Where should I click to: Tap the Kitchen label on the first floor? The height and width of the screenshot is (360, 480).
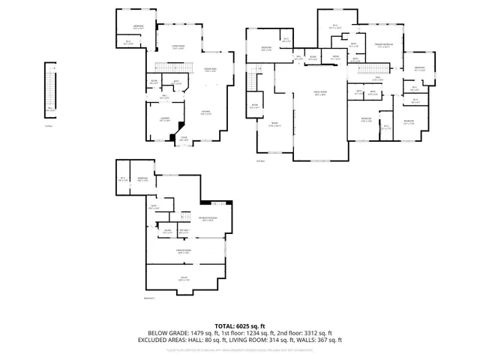(205, 113)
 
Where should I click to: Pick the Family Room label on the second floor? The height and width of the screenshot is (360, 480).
(320, 94)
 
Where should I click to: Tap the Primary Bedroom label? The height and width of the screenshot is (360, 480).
(383, 46)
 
